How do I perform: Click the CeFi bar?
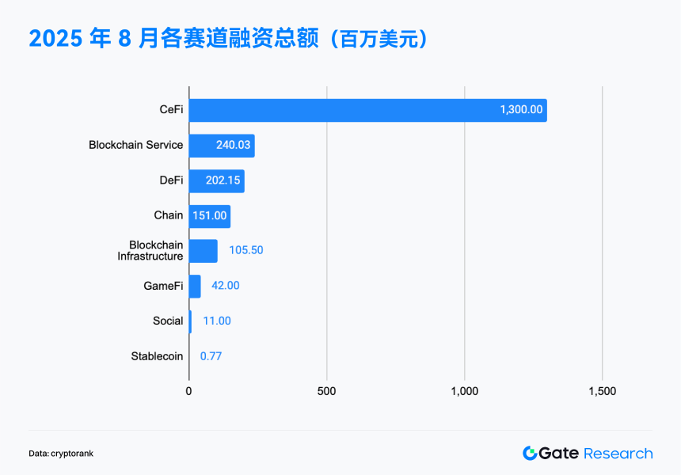point(367,110)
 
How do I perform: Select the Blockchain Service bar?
point(222,146)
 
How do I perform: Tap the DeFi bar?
point(216,180)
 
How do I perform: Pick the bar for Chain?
point(209,216)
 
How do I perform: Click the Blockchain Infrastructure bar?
point(203,251)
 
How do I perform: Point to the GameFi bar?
point(195,286)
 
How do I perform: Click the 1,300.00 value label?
point(521,110)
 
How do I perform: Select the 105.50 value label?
point(245,250)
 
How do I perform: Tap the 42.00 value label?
point(225,286)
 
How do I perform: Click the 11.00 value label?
point(217,321)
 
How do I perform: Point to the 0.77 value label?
point(211,356)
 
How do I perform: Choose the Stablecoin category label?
point(157,356)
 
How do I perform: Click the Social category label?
point(168,321)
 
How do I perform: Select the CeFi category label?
point(171,110)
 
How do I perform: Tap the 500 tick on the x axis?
point(326,391)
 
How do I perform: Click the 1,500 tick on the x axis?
point(602,391)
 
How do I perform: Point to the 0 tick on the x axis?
point(188,391)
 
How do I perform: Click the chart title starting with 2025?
point(229,39)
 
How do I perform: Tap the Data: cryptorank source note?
point(61,454)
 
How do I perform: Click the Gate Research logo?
point(587,454)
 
